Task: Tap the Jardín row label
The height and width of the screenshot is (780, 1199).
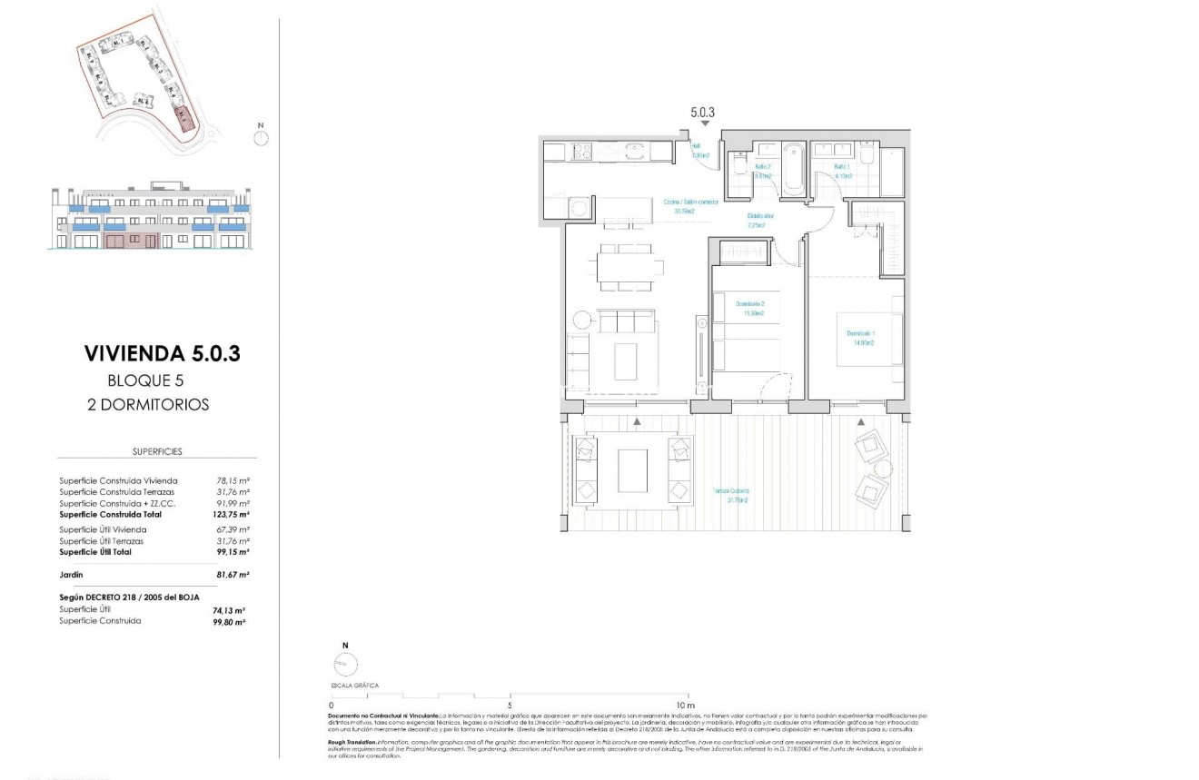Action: pos(71,575)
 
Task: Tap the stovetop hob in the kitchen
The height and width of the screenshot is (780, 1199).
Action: pos(581,153)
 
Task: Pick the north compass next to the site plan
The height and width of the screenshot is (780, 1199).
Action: pos(262,137)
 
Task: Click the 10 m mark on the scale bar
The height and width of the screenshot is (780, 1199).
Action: pos(685,705)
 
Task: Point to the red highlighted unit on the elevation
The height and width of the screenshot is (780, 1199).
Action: pos(132,241)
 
